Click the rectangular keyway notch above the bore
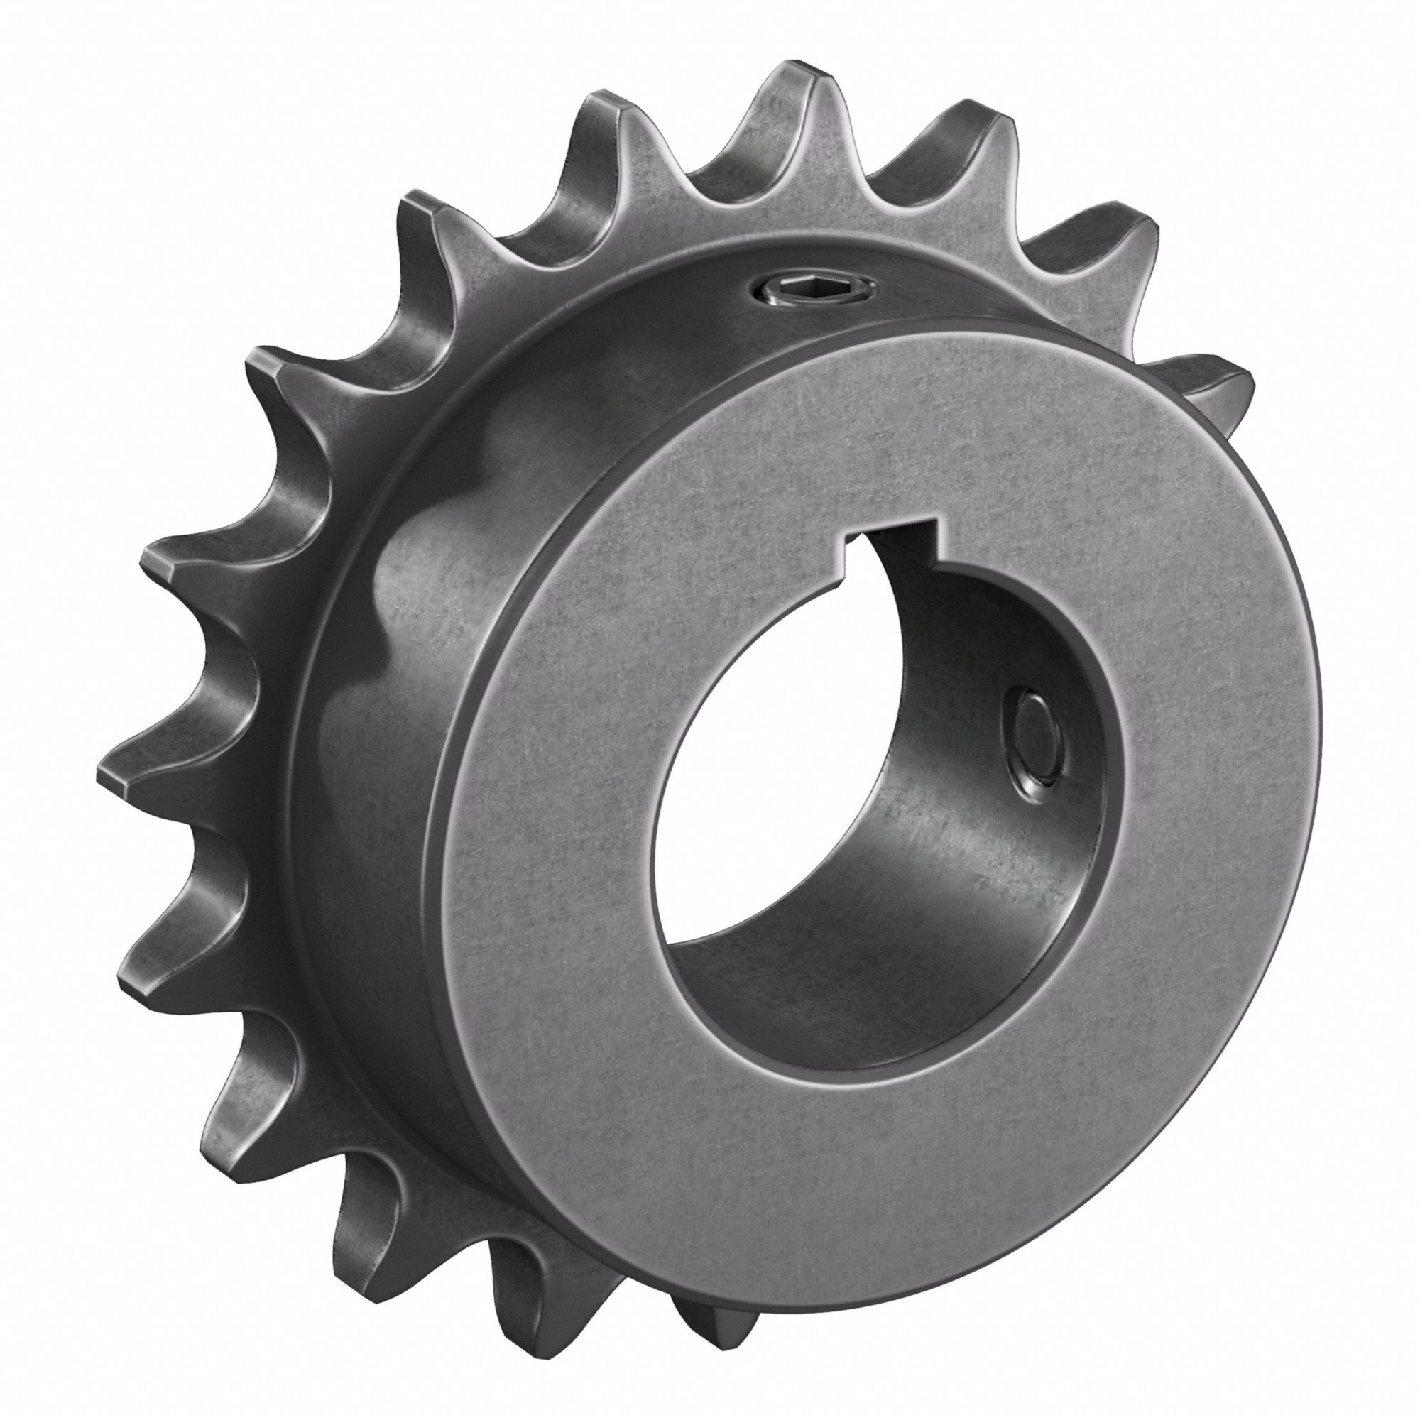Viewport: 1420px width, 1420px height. (887, 545)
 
